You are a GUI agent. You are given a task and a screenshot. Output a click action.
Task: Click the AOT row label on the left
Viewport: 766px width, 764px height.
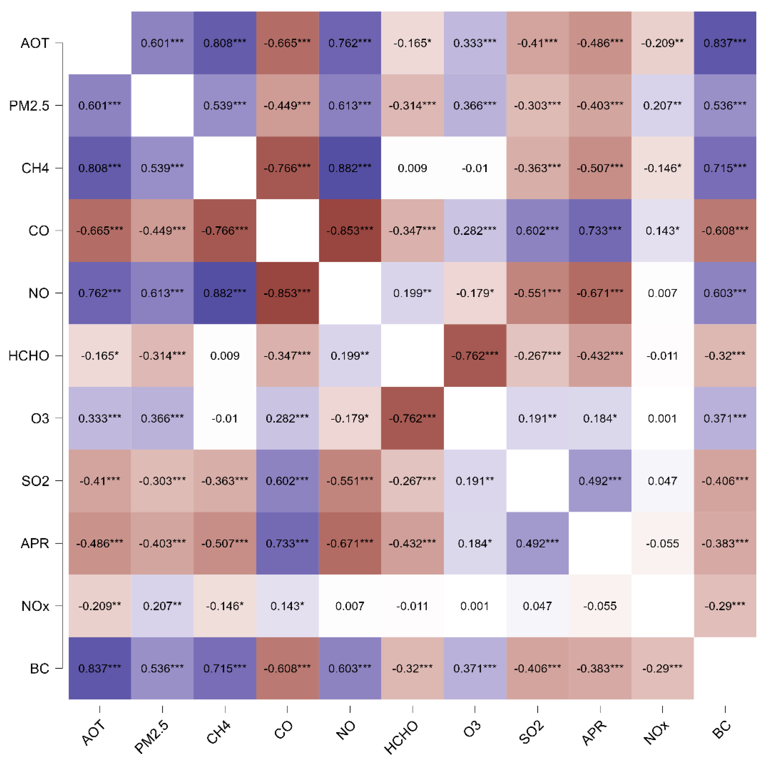[x=35, y=43]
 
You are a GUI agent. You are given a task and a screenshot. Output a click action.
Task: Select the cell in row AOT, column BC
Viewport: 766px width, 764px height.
[x=725, y=43]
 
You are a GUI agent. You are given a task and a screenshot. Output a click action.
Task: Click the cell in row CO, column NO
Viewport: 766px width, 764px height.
[x=350, y=230]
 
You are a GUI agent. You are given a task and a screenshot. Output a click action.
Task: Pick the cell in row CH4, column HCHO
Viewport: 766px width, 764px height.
[x=412, y=168]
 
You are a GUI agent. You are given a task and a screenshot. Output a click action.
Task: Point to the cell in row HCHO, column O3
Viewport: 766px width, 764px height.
[x=475, y=355]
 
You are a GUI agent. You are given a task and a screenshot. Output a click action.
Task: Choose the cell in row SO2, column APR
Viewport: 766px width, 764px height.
[x=600, y=481]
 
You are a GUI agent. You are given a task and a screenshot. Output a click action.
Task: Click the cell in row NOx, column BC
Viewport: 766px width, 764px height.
[x=725, y=605]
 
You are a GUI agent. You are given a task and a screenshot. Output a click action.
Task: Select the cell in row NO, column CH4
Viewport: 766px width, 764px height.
[x=225, y=293]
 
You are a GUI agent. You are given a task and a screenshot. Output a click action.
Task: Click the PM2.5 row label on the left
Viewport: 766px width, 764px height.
[x=29, y=105]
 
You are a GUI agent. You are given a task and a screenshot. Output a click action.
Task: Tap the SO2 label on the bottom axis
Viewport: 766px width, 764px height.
[x=531, y=732]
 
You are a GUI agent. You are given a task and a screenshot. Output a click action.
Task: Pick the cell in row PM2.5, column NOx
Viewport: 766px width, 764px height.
[x=662, y=105]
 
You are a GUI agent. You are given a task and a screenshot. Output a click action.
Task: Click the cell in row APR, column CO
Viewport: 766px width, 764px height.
[x=287, y=543]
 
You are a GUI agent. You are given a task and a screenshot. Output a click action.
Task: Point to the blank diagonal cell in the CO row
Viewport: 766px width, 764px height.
[x=287, y=230]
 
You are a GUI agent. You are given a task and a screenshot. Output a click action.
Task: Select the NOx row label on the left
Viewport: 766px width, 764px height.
[x=35, y=606]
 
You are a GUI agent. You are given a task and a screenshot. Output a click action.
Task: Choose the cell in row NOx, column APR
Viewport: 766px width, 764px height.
[x=600, y=605]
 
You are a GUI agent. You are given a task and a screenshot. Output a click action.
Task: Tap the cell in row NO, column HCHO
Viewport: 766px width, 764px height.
[x=412, y=293]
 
